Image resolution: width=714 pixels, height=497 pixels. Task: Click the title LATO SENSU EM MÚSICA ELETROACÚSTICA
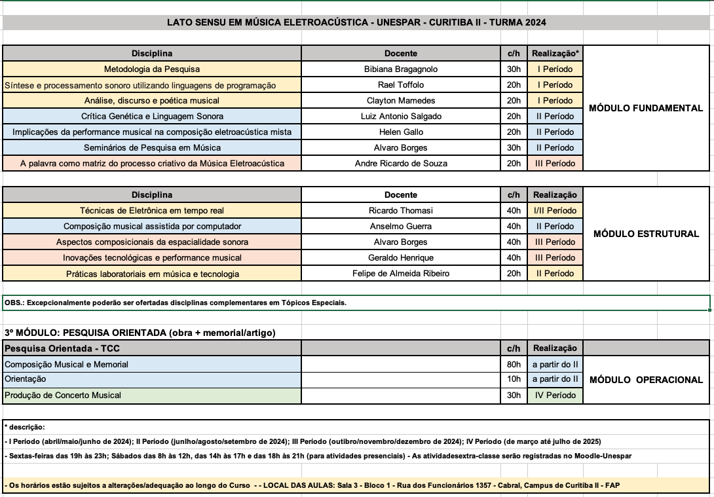click(356, 22)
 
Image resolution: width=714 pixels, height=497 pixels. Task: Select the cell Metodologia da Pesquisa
click(152, 69)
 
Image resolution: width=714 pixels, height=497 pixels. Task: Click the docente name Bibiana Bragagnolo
click(401, 69)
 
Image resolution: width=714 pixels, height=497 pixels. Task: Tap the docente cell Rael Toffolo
click(401, 84)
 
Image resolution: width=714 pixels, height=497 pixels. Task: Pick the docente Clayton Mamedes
click(401, 100)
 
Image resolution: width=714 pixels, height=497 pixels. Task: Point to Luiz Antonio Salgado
click(401, 116)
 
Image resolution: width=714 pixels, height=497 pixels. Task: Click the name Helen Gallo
click(401, 132)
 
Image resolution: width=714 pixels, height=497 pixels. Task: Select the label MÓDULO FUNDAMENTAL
click(646, 108)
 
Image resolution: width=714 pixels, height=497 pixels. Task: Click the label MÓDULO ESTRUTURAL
click(646, 234)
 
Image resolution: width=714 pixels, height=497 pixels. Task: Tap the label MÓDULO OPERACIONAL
click(646, 380)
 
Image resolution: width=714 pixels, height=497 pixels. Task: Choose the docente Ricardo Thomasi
click(401, 210)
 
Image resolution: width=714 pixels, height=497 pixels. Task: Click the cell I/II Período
click(555, 210)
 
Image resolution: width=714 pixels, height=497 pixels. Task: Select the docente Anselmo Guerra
click(401, 226)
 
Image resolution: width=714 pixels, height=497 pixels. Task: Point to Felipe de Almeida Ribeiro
click(401, 273)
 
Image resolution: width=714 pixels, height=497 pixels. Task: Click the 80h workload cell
click(514, 364)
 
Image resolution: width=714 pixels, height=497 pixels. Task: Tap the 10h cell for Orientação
click(514, 379)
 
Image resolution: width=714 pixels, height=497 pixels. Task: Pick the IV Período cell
click(555, 395)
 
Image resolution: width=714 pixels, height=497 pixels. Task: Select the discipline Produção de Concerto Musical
click(63, 395)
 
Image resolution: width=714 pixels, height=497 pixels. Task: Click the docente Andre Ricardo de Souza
click(401, 163)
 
